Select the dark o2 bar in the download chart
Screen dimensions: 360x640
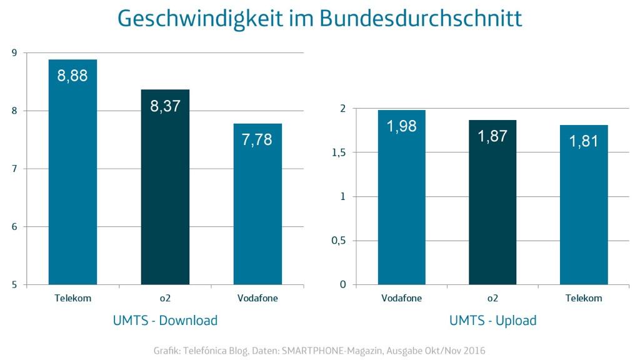click(165, 194)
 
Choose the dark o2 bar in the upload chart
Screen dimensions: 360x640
click(492, 206)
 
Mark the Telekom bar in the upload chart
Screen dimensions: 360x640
click(584, 209)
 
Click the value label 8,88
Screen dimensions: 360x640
click(72, 76)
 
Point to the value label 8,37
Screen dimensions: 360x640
click(165, 106)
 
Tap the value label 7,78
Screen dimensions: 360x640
click(257, 139)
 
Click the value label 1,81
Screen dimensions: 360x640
click(584, 141)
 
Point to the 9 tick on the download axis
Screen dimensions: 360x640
click(14, 53)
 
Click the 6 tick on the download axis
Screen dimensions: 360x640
click(14, 227)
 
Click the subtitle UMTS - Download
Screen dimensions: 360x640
click(165, 321)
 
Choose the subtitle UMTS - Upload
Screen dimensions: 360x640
click(492, 321)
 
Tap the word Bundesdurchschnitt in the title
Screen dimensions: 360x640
click(421, 19)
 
